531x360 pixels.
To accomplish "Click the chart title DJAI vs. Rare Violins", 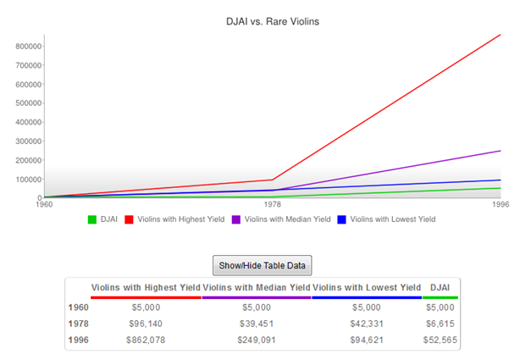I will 265,19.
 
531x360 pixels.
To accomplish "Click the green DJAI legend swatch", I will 92,219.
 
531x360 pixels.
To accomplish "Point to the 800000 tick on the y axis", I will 30,46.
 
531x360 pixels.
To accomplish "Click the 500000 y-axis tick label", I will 30,103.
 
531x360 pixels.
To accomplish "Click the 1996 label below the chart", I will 501,204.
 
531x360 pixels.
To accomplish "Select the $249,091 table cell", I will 256,339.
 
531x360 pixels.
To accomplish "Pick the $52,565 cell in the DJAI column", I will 440,339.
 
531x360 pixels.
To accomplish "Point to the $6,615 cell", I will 440,324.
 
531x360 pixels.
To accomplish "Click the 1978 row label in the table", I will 78,324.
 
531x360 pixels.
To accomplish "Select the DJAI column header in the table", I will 440,288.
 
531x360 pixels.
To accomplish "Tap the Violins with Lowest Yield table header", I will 367,288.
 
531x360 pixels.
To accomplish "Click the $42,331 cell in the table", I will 367,324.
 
